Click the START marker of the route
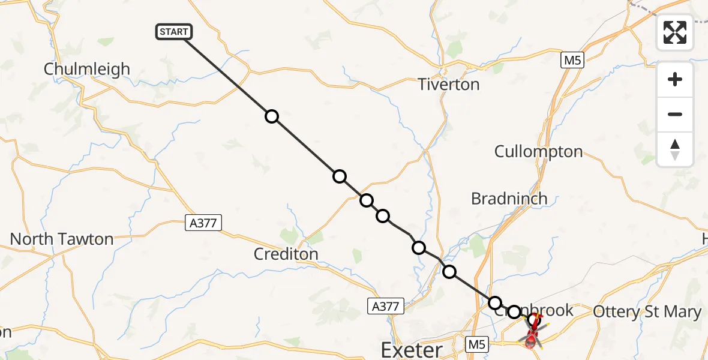click(x=174, y=32)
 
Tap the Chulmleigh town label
click(x=87, y=69)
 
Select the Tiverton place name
click(x=449, y=85)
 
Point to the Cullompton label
click(x=538, y=152)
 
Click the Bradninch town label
click(x=509, y=199)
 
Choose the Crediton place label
click(x=286, y=254)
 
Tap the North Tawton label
click(x=62, y=239)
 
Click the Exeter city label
click(x=412, y=349)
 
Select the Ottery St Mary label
click(x=647, y=312)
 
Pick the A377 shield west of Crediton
click(x=203, y=223)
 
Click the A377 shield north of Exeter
click(x=386, y=306)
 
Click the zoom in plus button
click(x=675, y=80)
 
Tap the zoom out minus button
click(x=675, y=115)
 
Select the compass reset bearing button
click(x=675, y=149)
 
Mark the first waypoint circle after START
click(x=272, y=116)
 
